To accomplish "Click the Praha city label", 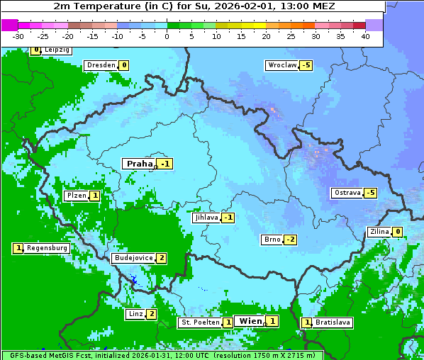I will point(139,164).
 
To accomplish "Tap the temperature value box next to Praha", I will point(165,164).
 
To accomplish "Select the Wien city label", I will point(250,321).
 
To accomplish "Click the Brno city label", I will point(272,240).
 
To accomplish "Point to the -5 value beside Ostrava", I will point(369,193).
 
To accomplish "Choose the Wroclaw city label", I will point(281,65).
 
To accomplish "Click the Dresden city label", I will point(101,65).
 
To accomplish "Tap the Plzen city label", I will point(76,196).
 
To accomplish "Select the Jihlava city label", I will point(206,218).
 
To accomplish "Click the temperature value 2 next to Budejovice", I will point(162,258).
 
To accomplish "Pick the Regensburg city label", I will point(47,248).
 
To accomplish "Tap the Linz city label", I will point(135,314).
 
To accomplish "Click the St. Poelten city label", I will point(199,322).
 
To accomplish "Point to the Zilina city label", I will point(379,232).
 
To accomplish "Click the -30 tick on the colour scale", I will point(18,36).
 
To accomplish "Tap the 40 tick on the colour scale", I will point(365,36).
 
